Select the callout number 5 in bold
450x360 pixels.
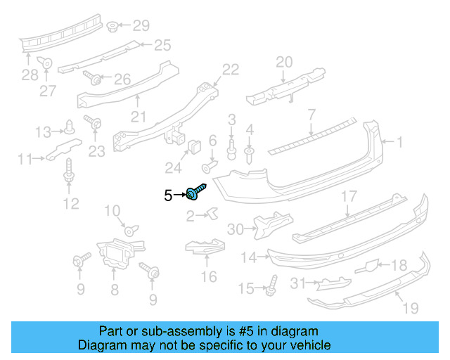[168, 195]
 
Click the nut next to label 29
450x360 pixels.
[112, 27]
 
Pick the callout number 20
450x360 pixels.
[283, 62]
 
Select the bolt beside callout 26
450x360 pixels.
[92, 77]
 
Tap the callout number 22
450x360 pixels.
[231, 69]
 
